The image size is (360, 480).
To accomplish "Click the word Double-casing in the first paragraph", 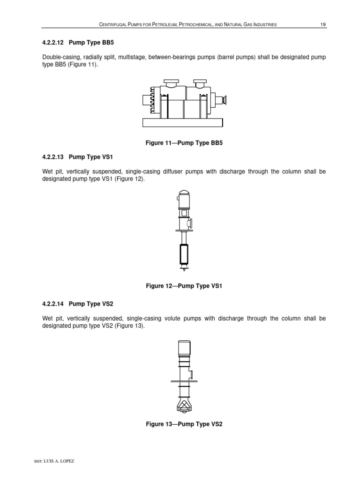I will [60, 57].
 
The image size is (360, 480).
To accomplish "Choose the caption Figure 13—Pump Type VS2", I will [183, 424].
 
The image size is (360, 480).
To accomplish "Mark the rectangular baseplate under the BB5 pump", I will [182, 122].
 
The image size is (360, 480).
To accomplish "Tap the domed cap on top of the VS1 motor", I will [183, 192].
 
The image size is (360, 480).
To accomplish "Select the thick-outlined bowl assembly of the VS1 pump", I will [183, 255].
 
